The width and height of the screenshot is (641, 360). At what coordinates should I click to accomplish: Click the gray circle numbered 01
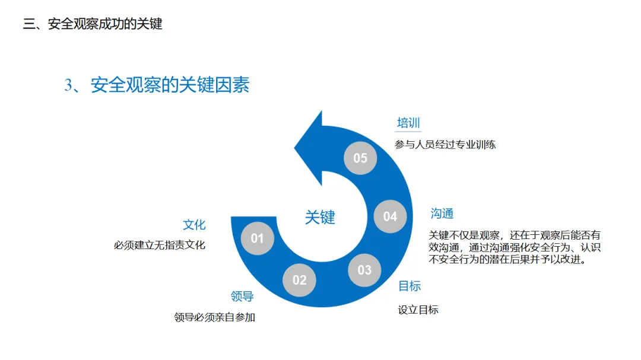(257, 238)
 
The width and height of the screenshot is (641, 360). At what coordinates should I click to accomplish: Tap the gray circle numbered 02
(299, 280)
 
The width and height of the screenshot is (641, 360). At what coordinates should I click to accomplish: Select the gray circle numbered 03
(364, 270)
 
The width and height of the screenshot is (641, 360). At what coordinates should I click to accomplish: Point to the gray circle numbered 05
(360, 158)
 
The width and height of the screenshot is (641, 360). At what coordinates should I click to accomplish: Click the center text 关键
(320, 217)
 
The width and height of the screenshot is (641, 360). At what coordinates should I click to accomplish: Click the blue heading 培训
(409, 123)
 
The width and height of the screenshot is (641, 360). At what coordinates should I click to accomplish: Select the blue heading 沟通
(442, 214)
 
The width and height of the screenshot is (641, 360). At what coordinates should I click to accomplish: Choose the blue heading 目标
(410, 286)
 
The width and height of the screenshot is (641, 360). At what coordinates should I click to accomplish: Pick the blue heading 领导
(242, 297)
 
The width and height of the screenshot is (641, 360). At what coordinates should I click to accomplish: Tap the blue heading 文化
(194, 225)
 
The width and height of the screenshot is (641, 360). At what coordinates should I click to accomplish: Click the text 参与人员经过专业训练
(445, 144)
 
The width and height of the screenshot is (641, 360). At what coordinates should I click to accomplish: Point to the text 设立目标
(418, 310)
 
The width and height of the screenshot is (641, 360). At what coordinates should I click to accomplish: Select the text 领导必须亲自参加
(214, 317)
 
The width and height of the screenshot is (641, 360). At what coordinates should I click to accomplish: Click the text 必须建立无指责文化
(160, 244)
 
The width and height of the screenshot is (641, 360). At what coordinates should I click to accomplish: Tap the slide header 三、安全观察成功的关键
(93, 24)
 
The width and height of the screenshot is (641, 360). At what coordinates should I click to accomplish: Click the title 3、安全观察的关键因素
(157, 85)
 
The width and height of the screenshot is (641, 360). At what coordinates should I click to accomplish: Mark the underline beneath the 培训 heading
(409, 131)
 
